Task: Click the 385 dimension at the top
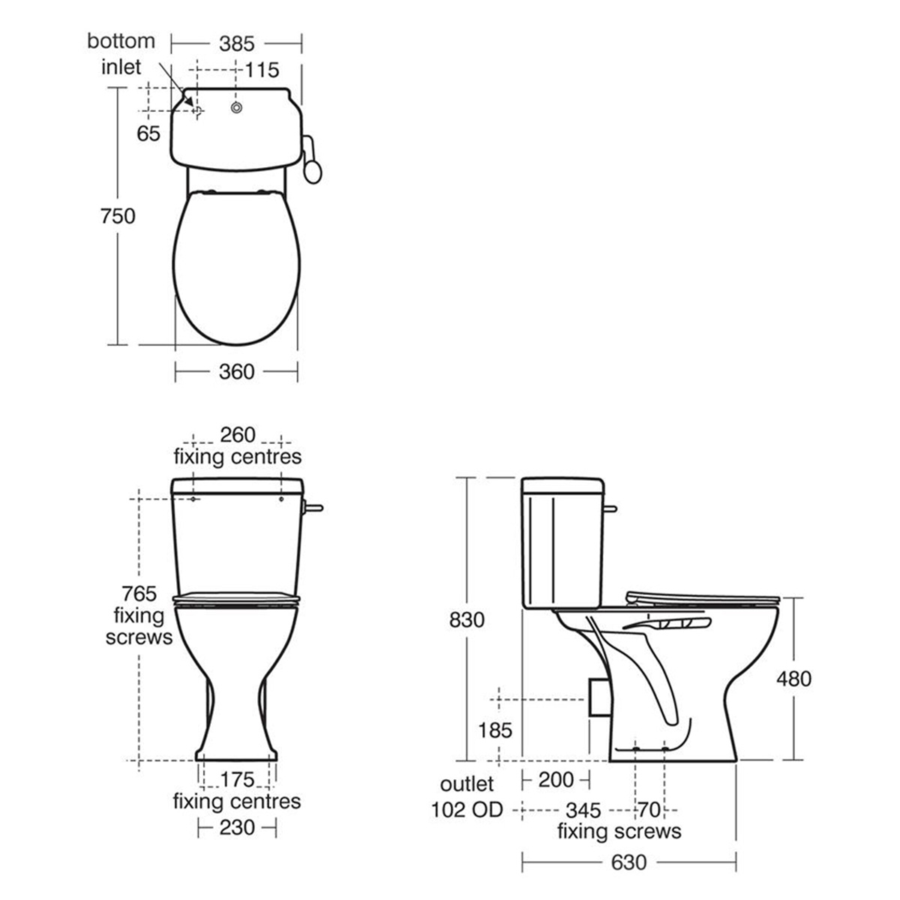(237, 43)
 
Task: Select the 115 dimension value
(262, 70)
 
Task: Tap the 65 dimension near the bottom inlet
(149, 133)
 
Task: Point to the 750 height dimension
(118, 216)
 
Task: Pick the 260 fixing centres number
(237, 435)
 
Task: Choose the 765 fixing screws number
(139, 594)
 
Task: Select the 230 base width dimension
(237, 826)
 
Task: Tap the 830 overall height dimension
(467, 619)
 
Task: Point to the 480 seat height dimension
(793, 678)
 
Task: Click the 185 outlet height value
(496, 729)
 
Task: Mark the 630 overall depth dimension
(628, 862)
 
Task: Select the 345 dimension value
(583, 811)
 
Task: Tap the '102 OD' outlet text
(466, 810)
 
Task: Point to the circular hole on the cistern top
(237, 109)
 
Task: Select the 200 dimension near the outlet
(556, 780)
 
